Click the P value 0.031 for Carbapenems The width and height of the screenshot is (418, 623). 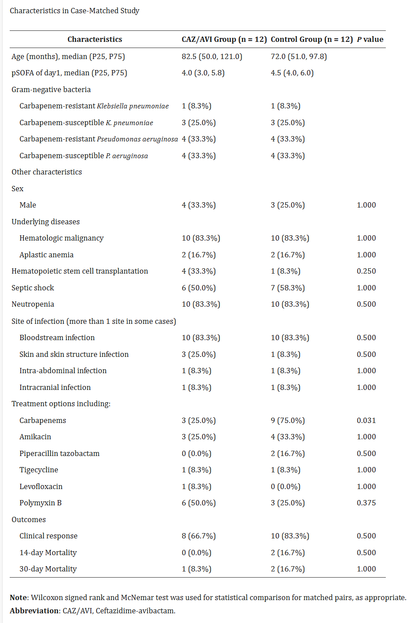pyautogui.click(x=366, y=420)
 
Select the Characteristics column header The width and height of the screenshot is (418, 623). pyautogui.click(x=94, y=39)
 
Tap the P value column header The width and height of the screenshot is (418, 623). pyautogui.click(x=370, y=39)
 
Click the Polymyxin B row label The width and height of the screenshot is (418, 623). pyautogui.click(x=41, y=503)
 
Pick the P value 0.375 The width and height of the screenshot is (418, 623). pyautogui.click(x=366, y=503)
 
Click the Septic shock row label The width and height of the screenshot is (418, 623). pyautogui.click(x=33, y=288)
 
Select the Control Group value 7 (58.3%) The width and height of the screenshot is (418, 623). pyautogui.click(x=287, y=288)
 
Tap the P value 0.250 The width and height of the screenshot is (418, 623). pyautogui.click(x=366, y=271)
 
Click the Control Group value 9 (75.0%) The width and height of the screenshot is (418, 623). pyautogui.click(x=287, y=420)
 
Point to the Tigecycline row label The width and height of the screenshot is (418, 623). pyautogui.click(x=39, y=470)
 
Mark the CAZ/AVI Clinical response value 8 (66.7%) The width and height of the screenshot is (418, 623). pyautogui.click(x=198, y=536)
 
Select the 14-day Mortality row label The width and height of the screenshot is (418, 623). pyautogui.click(x=48, y=553)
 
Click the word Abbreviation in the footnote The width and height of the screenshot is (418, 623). pyautogui.click(x=34, y=611)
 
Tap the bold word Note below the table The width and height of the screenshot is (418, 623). pyautogui.click(x=19, y=597)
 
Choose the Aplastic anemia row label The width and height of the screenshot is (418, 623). pyautogui.click(x=46, y=255)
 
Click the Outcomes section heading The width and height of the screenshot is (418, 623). pyautogui.click(x=29, y=519)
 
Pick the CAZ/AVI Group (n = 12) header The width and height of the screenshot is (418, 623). pyautogui.click(x=224, y=39)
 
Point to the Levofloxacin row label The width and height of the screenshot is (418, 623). pyautogui.click(x=41, y=486)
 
